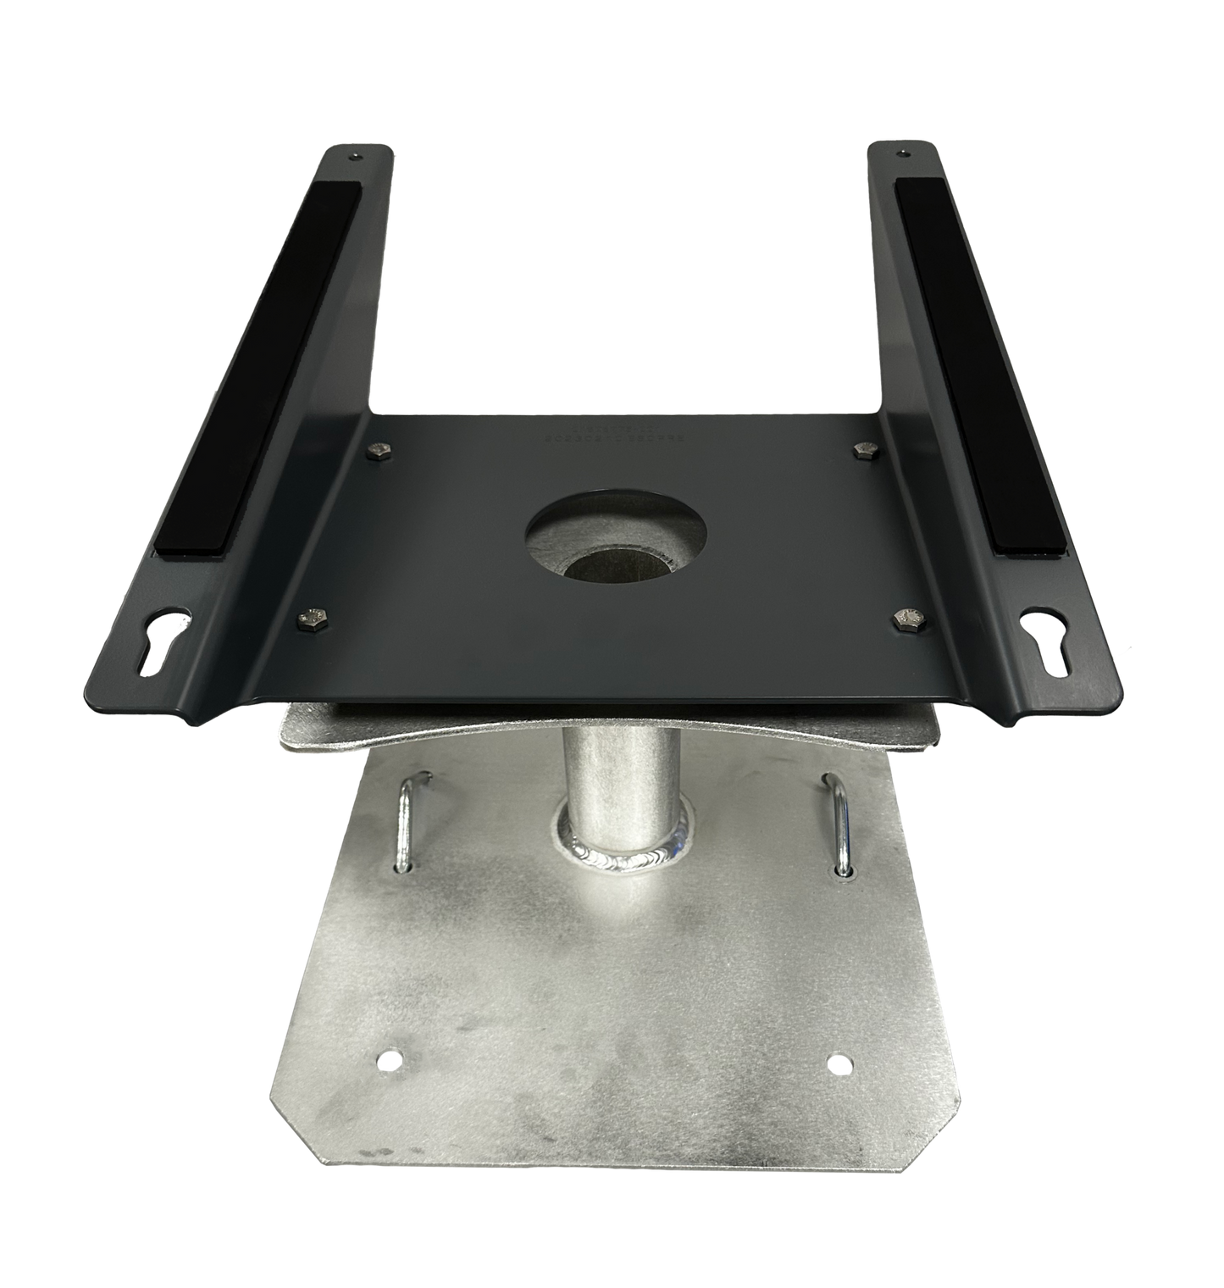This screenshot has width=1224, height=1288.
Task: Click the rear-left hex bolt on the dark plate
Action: coord(376,450)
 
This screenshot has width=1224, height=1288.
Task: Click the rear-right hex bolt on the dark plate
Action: coord(863,448)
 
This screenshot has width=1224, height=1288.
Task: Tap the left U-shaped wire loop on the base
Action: coord(409,819)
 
